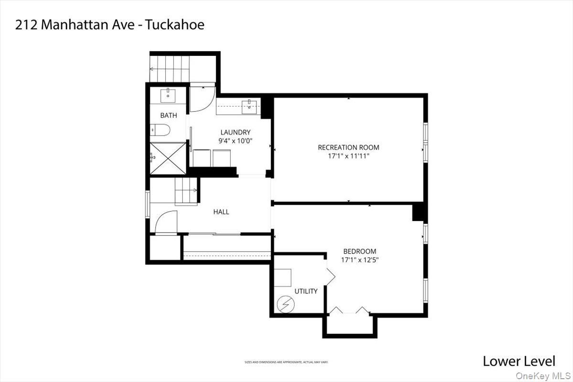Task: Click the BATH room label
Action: tap(168, 115)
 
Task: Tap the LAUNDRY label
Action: tap(235, 132)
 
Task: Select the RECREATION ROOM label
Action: tap(349, 148)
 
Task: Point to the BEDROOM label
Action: tap(360, 251)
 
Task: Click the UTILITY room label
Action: tap(306, 291)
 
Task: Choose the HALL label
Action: tap(221, 212)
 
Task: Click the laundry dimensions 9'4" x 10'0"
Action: tap(235, 141)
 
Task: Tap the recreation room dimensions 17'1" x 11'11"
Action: tap(349, 156)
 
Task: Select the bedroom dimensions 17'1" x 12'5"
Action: tap(360, 260)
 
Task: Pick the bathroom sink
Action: tap(169, 95)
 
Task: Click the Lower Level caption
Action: tap(519, 361)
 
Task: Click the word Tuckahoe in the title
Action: tap(177, 24)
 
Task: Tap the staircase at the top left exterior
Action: tap(170, 69)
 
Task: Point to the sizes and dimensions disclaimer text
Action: tap(286, 362)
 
